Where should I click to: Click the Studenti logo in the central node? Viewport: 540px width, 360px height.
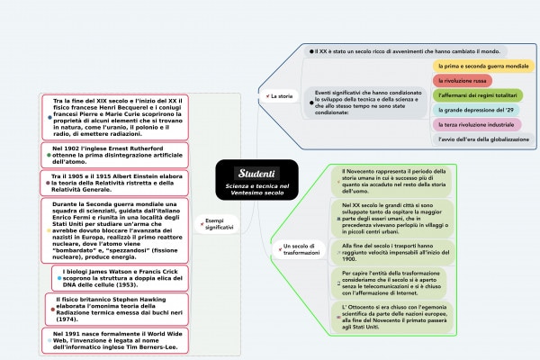256,172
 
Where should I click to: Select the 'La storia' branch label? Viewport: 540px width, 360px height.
281,94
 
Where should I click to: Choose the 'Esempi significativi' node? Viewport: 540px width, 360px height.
220,224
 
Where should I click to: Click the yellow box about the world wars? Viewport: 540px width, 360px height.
482,67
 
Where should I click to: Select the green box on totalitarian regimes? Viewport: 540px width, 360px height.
483,95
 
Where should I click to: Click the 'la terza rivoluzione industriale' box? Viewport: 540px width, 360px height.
475,124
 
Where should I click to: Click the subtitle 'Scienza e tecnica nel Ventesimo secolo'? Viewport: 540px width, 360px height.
257,190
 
